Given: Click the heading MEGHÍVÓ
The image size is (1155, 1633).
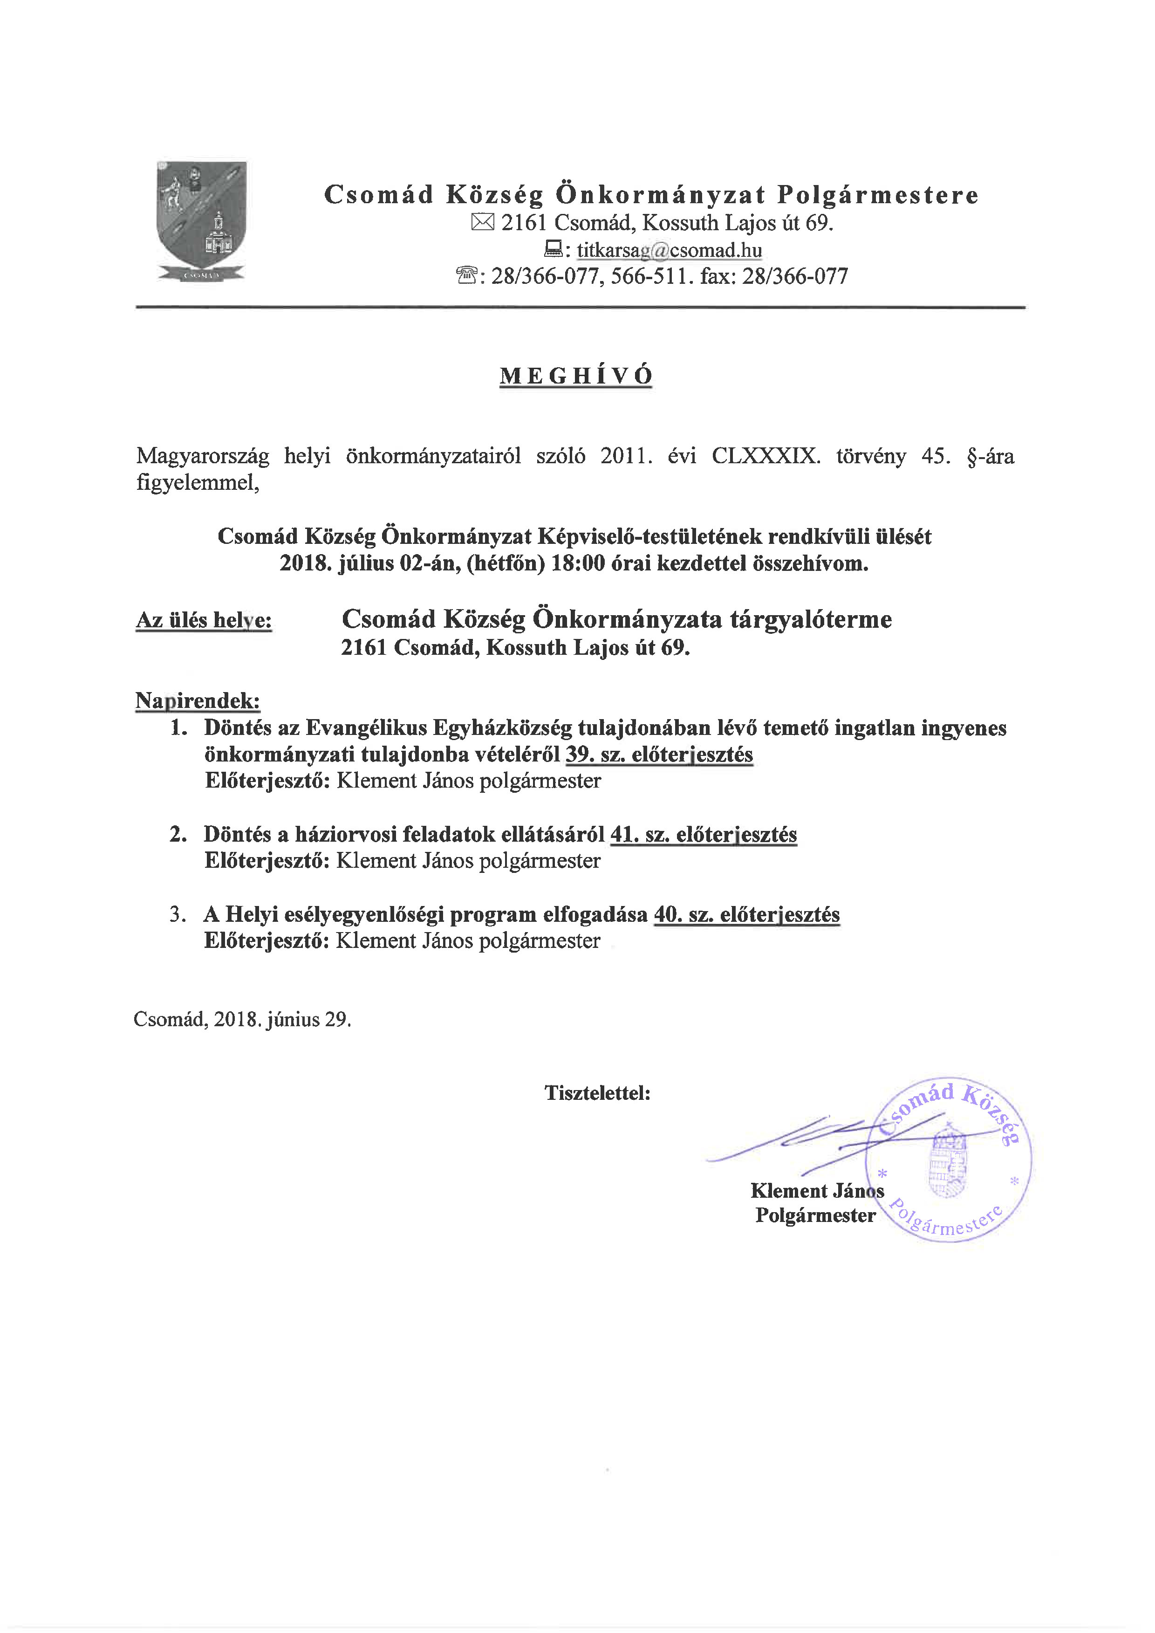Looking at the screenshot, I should [x=575, y=376].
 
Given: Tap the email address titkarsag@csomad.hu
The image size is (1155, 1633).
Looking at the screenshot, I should [x=669, y=250].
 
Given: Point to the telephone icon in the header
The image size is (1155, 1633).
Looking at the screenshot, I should [x=466, y=276].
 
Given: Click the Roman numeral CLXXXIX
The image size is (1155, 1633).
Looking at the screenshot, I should [x=765, y=456].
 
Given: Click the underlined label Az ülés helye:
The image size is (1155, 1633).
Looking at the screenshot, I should [x=204, y=620].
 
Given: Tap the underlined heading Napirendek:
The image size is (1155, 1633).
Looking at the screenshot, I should [x=198, y=701].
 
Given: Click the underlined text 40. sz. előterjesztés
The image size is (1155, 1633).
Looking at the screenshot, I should [x=747, y=915].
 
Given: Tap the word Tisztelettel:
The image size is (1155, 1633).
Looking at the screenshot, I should [x=597, y=1093].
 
